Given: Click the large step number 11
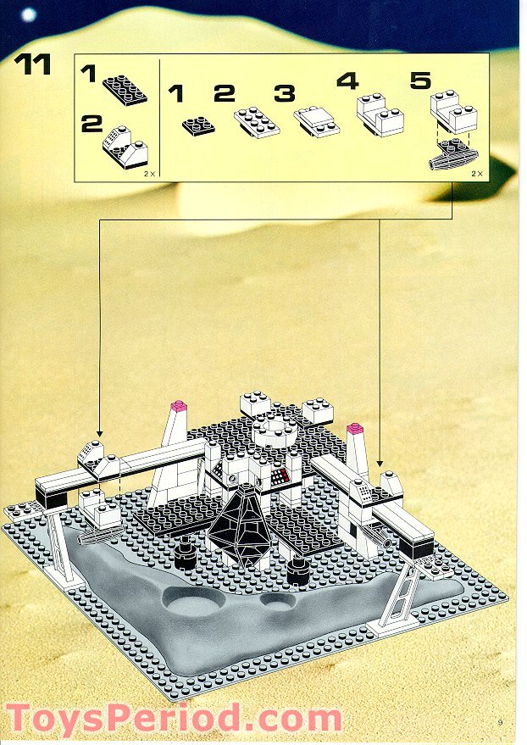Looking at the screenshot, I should [x=33, y=65].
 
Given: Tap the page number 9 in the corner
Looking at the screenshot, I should [x=501, y=721].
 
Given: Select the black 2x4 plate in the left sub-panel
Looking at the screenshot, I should [x=125, y=87].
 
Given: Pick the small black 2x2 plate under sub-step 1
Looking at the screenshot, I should [x=197, y=123].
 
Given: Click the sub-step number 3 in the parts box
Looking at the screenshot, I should [x=285, y=92].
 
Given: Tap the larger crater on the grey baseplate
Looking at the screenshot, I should [x=198, y=603].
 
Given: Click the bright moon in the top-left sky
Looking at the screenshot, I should [x=29, y=14].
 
